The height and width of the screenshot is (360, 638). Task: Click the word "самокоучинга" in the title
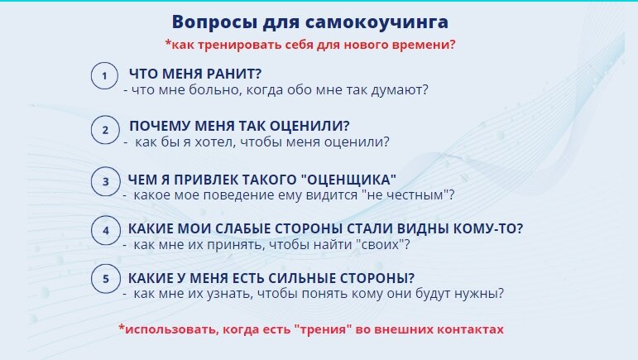click(388, 22)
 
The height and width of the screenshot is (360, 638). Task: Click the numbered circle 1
click(104, 77)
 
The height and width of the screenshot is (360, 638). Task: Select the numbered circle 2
click(104, 130)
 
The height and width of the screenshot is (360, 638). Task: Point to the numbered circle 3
click(104, 182)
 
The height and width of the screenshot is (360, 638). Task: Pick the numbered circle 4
click(104, 232)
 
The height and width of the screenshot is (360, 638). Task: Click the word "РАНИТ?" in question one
click(231, 74)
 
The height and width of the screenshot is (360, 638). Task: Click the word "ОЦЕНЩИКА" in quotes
click(346, 179)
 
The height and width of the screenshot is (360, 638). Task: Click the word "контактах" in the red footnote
click(468, 329)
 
